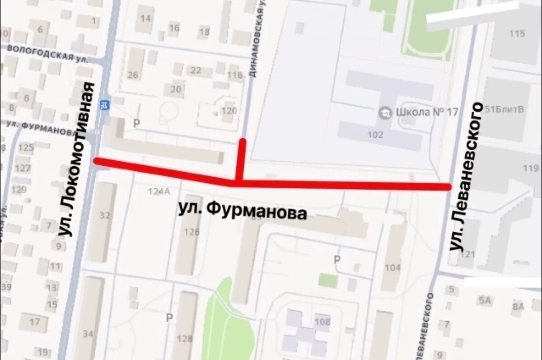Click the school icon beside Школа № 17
coord(385,112)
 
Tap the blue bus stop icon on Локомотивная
coord(104,105)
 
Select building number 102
coord(375,134)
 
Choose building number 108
coord(322,322)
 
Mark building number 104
coord(392,267)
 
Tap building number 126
coord(192,232)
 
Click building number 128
coord(184,338)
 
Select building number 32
coord(105,215)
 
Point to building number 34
coord(88,334)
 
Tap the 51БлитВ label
coord(504,108)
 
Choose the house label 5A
coord(485,300)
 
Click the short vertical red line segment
coord(242,160)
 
